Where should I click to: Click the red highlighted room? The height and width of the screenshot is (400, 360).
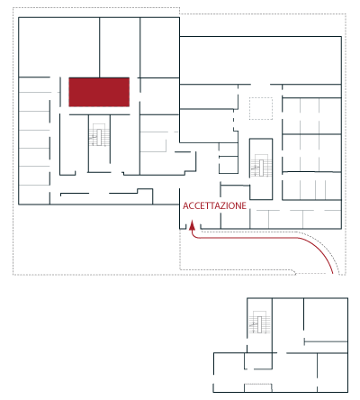(x=99, y=92)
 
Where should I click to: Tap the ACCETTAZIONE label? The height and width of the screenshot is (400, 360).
(x=214, y=205)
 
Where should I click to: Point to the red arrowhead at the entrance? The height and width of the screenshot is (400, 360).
(x=192, y=225)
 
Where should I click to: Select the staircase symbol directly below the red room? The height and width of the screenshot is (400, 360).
(x=99, y=135)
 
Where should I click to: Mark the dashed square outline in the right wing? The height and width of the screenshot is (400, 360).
(x=261, y=108)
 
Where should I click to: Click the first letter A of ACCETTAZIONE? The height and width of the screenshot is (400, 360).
(x=185, y=205)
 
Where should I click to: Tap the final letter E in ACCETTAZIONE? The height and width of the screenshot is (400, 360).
(x=244, y=205)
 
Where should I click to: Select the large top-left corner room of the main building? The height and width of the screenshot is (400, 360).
(x=59, y=47)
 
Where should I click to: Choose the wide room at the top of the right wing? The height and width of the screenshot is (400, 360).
(x=260, y=60)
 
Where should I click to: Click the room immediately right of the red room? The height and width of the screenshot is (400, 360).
(x=159, y=96)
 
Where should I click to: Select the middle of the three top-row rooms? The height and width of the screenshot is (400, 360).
(x=120, y=47)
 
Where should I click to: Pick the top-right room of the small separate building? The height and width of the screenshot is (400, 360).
(x=326, y=320)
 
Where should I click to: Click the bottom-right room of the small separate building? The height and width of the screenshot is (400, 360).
(x=332, y=372)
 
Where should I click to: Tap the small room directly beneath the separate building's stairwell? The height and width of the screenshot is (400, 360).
(x=258, y=360)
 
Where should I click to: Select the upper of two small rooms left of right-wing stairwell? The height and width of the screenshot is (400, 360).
(x=229, y=150)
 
